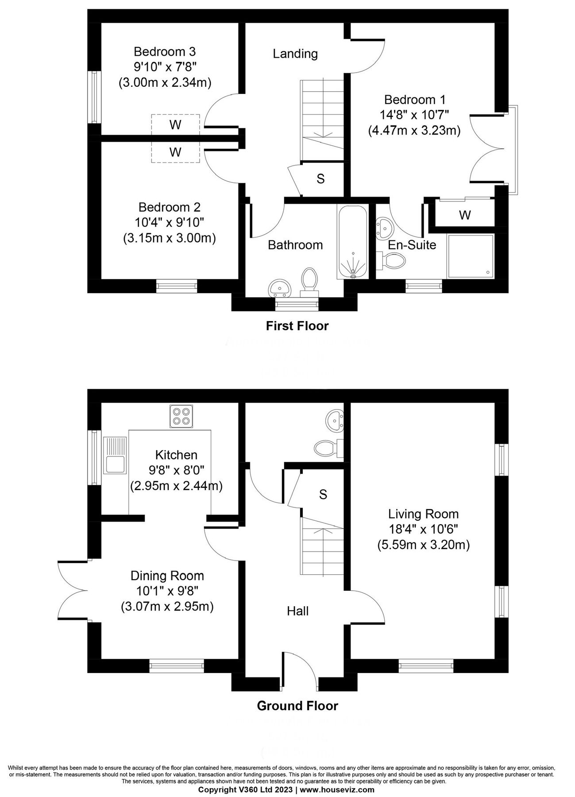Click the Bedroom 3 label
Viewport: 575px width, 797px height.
[x=165, y=52]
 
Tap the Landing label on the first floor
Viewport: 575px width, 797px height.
[x=295, y=54]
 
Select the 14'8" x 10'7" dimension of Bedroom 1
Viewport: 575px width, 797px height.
[x=414, y=115]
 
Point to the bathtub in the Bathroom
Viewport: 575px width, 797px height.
[x=352, y=241]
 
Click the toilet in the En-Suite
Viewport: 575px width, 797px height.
[x=394, y=260]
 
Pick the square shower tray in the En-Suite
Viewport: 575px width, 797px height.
[x=471, y=256]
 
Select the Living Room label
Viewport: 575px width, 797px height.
[x=423, y=514]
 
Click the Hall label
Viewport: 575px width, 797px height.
[x=297, y=611]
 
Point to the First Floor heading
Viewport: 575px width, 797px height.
[x=297, y=326]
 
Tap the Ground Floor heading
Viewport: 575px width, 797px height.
[x=297, y=706]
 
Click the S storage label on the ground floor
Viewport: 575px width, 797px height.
[x=323, y=494]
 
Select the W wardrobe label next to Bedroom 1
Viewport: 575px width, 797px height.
[x=465, y=215]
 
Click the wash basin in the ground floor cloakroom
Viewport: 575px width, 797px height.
[x=333, y=419]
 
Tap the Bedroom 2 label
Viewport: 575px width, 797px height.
[x=169, y=207]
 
